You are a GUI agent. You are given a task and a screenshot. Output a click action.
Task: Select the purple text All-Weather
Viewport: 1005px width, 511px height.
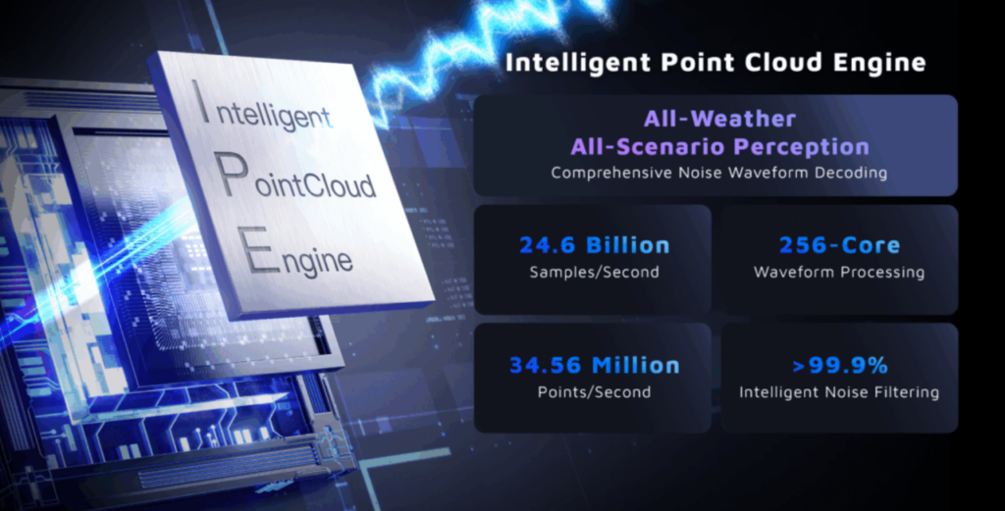point(719,119)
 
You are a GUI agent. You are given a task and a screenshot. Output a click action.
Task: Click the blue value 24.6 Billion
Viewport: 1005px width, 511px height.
point(594,244)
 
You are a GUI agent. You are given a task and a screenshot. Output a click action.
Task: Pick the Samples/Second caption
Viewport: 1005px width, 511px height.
point(594,272)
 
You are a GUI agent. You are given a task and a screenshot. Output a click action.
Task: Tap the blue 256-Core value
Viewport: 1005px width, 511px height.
point(839,244)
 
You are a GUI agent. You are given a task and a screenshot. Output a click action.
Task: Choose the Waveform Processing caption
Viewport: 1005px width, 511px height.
point(839,272)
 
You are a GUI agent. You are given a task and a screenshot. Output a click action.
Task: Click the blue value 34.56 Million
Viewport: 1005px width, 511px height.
point(594,365)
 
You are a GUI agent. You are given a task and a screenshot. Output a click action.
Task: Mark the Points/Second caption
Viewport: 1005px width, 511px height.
point(594,392)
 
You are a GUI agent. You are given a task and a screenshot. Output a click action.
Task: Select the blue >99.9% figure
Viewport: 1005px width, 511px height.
point(840,365)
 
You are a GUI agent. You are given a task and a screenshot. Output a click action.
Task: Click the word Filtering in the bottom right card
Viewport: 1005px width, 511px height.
point(905,392)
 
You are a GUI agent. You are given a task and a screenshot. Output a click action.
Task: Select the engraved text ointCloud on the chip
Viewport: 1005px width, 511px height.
point(315,185)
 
